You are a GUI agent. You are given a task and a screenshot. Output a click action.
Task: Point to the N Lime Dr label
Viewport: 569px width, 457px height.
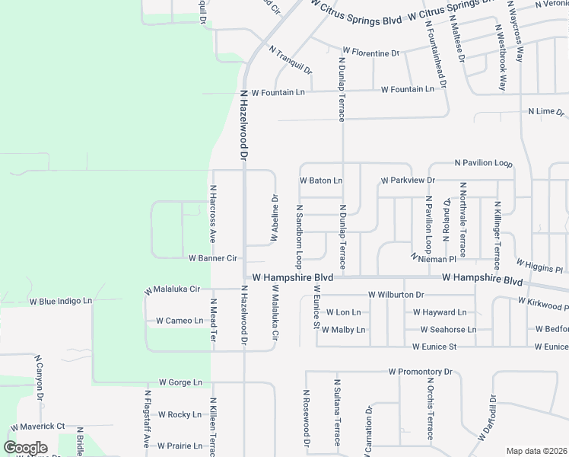[545, 111]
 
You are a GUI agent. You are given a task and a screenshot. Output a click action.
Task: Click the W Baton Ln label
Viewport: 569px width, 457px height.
[321, 181]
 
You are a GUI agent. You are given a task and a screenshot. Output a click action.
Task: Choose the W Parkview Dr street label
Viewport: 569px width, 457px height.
[407, 181]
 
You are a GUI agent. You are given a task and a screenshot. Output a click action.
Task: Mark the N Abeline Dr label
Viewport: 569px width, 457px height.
[275, 219]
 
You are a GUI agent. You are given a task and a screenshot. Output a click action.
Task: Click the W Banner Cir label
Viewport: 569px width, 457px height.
[214, 258]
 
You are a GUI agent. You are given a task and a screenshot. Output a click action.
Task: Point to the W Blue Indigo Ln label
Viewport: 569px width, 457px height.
[60, 301]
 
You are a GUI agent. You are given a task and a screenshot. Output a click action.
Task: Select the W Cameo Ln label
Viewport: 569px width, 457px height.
[180, 321]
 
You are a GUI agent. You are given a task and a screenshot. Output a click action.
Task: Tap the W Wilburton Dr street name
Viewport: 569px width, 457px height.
[396, 294]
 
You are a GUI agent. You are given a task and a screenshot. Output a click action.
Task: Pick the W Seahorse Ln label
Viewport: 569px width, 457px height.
[449, 330]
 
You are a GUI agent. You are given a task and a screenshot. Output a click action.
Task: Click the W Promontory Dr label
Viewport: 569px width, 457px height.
[420, 372]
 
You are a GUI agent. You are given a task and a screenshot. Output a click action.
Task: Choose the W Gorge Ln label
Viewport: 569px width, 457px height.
[181, 382]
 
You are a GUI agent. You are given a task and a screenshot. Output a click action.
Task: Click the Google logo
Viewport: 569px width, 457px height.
[25, 448]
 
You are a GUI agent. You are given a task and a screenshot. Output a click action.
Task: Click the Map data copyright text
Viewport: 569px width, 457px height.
[536, 451]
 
